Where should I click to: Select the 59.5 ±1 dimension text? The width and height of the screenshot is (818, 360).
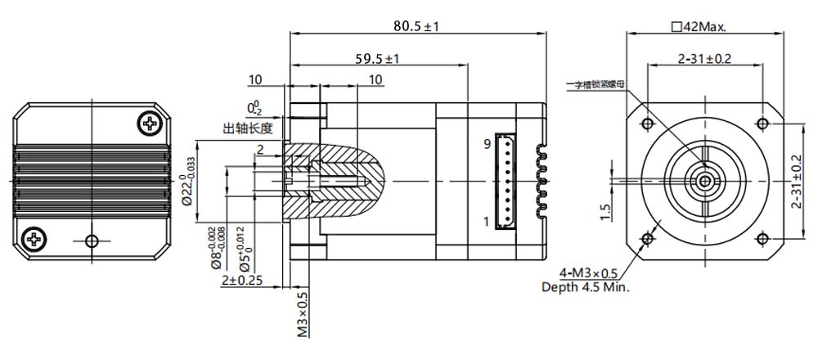(x=376, y=59)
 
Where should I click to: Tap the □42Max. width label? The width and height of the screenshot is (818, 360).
(x=698, y=26)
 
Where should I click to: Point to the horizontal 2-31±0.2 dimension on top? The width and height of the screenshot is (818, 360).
(x=704, y=59)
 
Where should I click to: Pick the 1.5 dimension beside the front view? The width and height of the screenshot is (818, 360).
(x=605, y=212)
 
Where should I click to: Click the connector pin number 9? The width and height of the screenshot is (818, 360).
(x=486, y=144)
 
